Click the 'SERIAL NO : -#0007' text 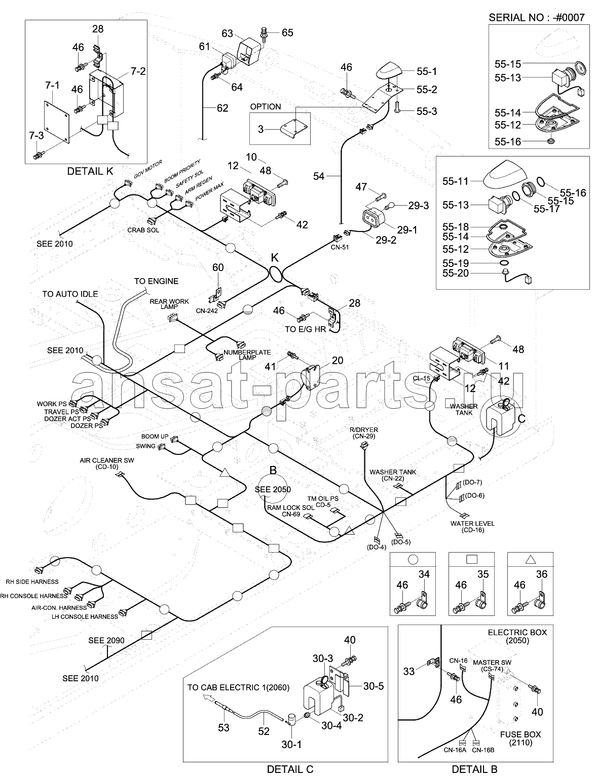536,17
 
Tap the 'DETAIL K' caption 90,171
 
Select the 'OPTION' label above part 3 265,107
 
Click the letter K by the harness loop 274,257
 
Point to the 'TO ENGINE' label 156,281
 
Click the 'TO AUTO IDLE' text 70,294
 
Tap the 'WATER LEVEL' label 472,523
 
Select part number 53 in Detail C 223,727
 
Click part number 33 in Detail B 409,671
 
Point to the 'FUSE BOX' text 520,734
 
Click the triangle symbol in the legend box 530,560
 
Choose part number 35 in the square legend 483,574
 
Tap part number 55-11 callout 456,180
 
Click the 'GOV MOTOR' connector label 148,169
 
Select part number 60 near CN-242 217,267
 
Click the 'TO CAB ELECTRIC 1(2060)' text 238,687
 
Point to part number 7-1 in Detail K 52,85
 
